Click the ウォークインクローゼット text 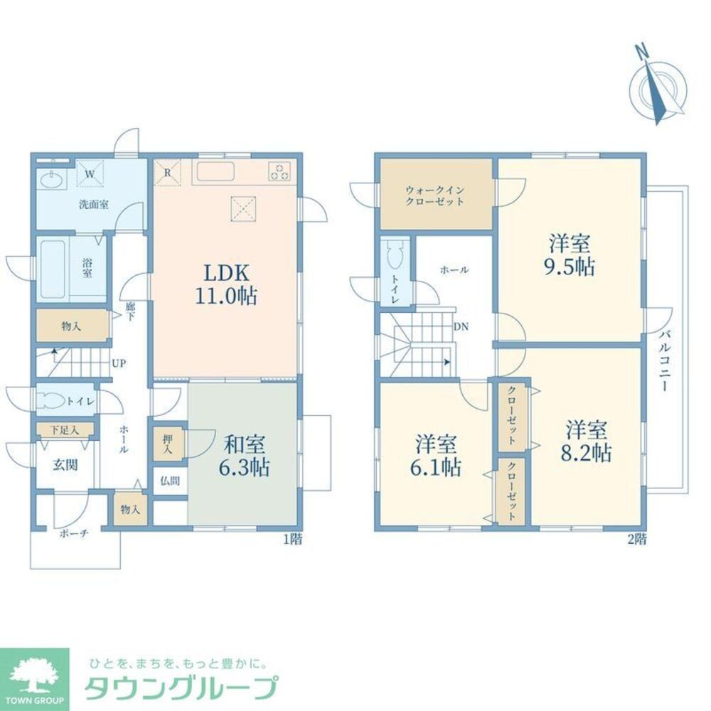tap(435, 196)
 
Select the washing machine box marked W tap(90, 173)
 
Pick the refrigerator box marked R tap(167, 173)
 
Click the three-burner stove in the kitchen tap(279, 172)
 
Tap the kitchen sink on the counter tap(215, 173)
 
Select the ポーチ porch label tap(75, 534)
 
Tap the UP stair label tap(118, 363)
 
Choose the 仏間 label tap(170, 481)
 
